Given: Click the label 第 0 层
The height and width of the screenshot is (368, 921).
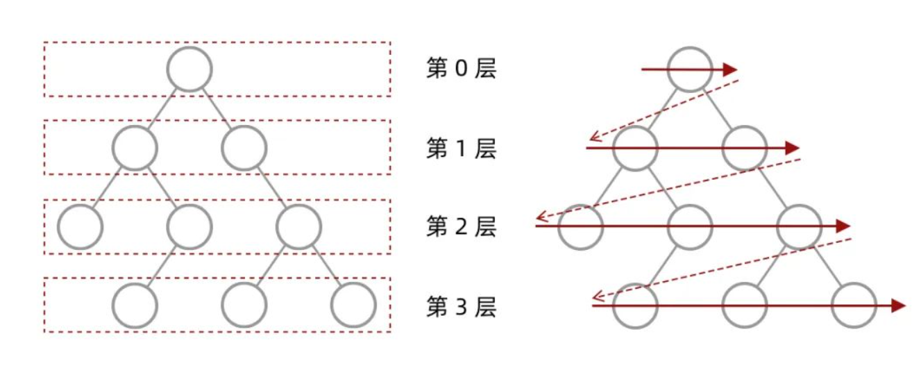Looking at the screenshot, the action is point(461,69).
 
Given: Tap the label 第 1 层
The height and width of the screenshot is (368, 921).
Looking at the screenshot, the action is point(461,149).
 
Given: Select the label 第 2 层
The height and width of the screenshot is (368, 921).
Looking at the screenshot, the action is point(461,227).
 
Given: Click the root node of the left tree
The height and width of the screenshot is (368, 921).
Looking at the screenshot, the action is point(189,69).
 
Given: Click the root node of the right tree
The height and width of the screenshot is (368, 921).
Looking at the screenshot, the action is point(690,69).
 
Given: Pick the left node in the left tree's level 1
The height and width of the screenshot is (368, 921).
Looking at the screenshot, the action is point(135,148).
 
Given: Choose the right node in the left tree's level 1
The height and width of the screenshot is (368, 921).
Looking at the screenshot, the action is point(244,148).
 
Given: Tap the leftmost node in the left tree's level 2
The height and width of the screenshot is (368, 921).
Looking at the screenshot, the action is point(81,226).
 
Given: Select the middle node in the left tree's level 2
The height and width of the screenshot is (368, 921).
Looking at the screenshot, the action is point(189,226).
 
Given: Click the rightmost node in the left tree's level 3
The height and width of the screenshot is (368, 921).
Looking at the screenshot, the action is point(353,305).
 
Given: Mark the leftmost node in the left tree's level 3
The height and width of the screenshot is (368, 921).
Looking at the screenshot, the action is point(135,305).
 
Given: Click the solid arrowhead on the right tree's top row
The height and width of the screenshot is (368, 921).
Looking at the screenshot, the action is point(729,69).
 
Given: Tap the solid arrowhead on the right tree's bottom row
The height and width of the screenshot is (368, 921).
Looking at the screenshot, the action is point(898,305).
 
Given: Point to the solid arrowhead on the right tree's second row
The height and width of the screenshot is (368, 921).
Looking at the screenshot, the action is point(792,148).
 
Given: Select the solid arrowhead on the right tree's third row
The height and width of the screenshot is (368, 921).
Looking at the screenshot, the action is point(843,226).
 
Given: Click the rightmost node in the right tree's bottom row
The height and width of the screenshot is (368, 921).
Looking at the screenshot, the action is point(854,305).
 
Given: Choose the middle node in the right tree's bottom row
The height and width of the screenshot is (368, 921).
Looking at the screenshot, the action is point(745,305).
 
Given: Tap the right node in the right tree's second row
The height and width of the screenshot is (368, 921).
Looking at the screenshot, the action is point(744,148).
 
